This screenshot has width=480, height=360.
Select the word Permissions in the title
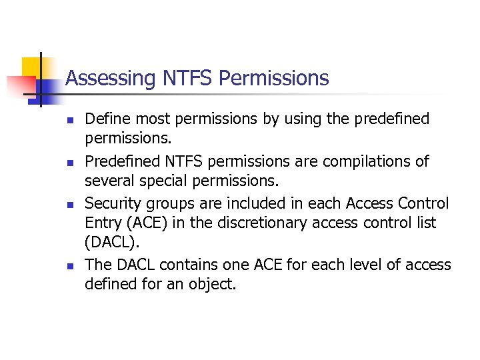pos(273,79)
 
